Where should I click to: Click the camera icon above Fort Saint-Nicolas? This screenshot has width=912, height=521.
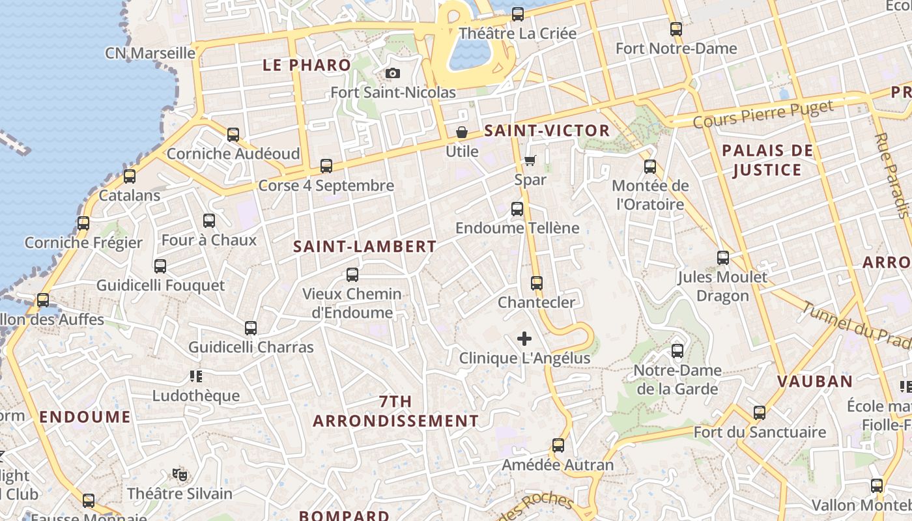tap(392, 74)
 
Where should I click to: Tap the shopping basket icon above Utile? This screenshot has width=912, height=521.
tap(462, 133)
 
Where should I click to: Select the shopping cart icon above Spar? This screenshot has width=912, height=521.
tap(530, 160)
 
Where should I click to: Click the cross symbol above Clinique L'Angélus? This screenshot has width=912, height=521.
tap(524, 339)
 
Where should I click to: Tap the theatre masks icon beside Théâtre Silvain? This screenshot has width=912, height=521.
tap(180, 474)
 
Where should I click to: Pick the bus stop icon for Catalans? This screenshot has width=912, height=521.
tap(130, 176)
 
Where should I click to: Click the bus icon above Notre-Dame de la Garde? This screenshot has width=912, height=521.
tap(677, 351)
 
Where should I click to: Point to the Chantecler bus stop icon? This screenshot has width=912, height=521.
tap(537, 283)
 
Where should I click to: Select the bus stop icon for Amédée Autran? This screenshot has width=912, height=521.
tap(558, 445)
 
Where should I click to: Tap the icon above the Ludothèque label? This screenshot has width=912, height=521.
tap(196, 376)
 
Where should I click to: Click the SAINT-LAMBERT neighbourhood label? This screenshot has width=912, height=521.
tap(365, 247)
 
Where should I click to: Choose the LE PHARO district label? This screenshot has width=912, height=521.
tap(307, 65)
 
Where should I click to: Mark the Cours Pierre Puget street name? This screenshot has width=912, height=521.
tap(763, 115)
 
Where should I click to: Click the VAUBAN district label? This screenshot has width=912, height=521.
tap(815, 382)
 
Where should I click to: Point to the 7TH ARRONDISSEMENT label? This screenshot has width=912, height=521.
tap(395, 411)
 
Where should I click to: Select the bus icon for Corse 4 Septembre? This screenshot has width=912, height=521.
tap(326, 166)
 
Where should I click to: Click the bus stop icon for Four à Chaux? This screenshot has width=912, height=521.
tap(209, 221)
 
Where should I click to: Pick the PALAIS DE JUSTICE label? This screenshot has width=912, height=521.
tap(767, 160)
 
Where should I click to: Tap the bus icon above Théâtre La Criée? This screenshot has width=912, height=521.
tap(518, 14)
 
